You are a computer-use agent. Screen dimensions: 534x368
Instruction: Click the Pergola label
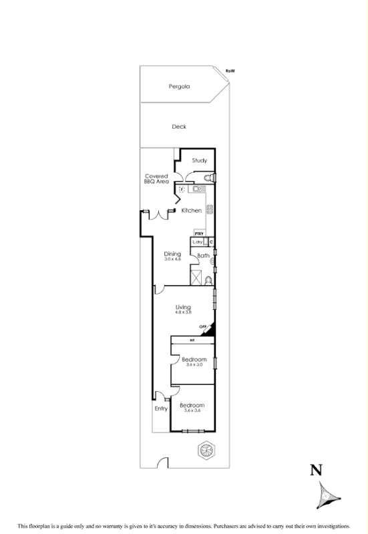click(x=179, y=86)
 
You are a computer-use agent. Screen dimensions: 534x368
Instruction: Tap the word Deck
click(x=179, y=126)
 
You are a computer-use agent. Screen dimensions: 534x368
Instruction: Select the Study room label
click(x=200, y=160)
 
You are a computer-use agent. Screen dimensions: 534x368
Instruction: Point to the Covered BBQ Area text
click(x=156, y=178)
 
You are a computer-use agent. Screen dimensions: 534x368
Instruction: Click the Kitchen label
click(x=192, y=211)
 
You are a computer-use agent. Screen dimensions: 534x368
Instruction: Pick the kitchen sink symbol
click(x=198, y=189)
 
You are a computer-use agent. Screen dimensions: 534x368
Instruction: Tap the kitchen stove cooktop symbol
click(x=210, y=209)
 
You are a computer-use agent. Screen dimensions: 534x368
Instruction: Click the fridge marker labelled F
click(x=181, y=189)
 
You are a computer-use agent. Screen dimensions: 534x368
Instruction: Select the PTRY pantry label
click(x=199, y=233)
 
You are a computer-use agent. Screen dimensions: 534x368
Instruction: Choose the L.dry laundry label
click(x=198, y=242)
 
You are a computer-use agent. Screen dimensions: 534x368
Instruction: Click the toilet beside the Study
click(x=208, y=177)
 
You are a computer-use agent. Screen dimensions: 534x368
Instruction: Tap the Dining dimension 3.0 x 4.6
click(x=173, y=259)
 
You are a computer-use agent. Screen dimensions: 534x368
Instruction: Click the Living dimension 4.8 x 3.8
click(x=183, y=312)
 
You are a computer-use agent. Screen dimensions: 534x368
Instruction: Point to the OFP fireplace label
click(x=202, y=326)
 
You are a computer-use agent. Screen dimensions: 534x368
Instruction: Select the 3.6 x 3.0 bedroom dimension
click(x=194, y=365)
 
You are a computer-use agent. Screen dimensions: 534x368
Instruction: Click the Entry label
click(x=161, y=409)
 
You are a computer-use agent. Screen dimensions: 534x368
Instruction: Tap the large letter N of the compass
click(x=317, y=471)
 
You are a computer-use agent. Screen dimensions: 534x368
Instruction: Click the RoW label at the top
click(x=230, y=70)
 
